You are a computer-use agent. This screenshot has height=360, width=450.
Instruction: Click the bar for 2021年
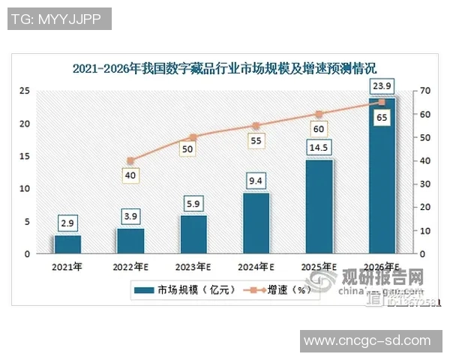(67, 244)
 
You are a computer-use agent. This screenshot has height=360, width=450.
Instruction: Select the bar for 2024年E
(256, 223)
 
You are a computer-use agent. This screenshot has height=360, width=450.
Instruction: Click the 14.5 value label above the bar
(319, 147)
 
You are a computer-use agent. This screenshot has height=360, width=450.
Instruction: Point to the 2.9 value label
(67, 223)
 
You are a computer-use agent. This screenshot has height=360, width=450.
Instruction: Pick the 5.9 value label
(193, 203)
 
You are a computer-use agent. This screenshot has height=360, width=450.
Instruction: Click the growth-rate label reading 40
(130, 175)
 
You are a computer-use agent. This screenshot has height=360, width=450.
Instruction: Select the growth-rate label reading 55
(256, 140)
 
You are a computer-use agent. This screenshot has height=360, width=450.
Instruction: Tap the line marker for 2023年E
(193, 137)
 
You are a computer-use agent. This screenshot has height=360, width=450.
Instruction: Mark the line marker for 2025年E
(319, 114)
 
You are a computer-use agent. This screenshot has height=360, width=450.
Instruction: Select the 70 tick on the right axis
(424, 91)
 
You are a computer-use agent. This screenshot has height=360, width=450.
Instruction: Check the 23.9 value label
(381, 86)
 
